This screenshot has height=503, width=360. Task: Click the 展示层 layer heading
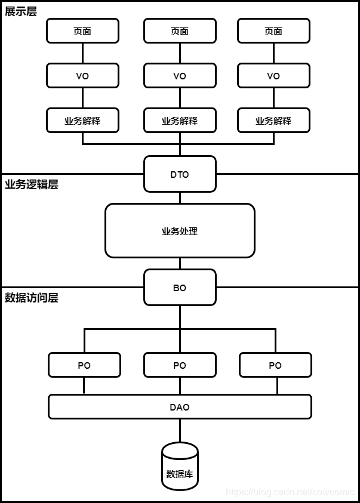[21, 11]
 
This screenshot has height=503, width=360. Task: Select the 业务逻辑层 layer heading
[32, 184]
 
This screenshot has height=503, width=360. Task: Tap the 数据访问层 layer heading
[32, 298]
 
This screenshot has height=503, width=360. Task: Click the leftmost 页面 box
[82, 31]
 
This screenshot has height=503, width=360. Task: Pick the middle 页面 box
[180, 31]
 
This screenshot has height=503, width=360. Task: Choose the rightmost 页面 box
[273, 31]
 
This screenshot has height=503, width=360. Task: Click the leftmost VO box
[82, 76]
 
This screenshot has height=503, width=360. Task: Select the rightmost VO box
[273, 76]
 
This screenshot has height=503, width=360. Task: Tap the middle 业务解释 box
[180, 121]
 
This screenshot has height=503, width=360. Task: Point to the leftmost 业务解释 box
[82, 121]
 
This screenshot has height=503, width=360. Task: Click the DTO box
[180, 174]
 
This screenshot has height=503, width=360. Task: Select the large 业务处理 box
[180, 231]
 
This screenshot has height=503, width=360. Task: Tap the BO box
[180, 288]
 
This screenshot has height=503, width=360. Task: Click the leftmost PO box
[84, 365]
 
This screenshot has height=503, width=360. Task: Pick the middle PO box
[180, 365]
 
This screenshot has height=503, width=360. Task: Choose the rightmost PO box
[275, 365]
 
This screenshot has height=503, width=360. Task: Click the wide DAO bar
[180, 407]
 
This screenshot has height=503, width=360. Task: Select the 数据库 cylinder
[180, 471]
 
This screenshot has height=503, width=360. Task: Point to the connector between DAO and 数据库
[180, 430]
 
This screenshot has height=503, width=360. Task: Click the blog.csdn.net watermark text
[290, 492]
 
